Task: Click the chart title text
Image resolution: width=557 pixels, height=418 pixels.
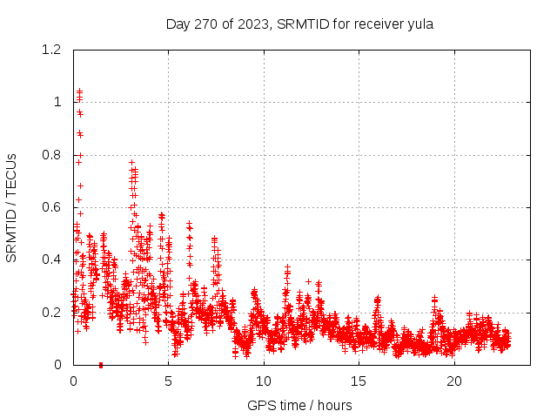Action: (299, 24)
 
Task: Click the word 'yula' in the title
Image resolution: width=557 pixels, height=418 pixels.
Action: (420, 24)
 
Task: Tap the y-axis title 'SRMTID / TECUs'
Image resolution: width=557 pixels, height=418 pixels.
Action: (12, 207)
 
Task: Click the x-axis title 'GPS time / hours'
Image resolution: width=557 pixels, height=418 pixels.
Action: (299, 405)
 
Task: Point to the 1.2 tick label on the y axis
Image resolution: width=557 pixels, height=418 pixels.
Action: (53, 50)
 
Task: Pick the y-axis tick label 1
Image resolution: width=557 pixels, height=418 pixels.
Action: (57, 102)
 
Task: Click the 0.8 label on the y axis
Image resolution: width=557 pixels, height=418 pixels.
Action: (53, 155)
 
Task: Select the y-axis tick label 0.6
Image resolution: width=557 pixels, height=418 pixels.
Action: (53, 207)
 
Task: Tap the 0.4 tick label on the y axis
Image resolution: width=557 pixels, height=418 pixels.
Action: (53, 260)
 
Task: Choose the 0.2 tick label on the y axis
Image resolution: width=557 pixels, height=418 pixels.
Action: (53, 313)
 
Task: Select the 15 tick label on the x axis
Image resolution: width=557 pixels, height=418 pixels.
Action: (359, 381)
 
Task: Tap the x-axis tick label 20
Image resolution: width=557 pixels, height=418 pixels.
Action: (453, 381)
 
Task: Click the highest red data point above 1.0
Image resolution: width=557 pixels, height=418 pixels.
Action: (79, 91)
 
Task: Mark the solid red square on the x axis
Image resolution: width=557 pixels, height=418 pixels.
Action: (101, 365)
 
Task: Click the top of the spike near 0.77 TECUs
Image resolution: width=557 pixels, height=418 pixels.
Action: (131, 162)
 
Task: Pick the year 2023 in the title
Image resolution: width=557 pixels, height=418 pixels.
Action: (256, 24)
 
